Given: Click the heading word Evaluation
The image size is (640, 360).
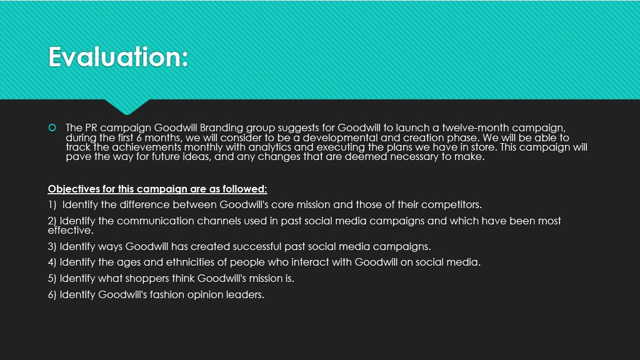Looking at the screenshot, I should pos(118,57).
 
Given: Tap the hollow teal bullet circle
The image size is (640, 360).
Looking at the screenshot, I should pos(52,127).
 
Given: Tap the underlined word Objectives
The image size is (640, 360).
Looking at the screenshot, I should pos(74,189).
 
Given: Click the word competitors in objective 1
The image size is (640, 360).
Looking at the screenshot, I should pos(450,205).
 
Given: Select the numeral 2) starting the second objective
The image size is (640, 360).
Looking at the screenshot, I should pos(52,221).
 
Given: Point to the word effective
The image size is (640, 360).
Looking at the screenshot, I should pos(70,230).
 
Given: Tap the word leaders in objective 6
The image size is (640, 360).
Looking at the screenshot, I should pos(246,295).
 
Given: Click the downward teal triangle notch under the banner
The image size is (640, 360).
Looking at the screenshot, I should pos(127,107).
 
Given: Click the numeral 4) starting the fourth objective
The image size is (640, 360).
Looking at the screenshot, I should pos(52,262).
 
